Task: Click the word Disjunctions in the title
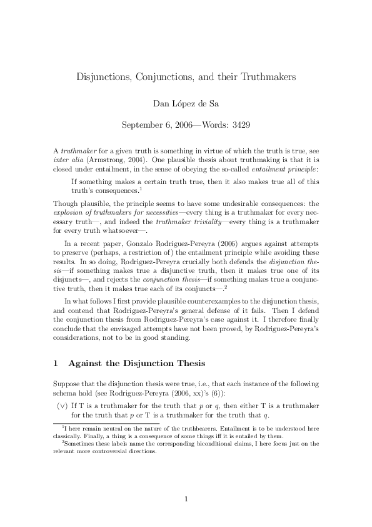point(106,77)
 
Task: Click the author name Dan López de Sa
point(186,101)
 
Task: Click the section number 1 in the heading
point(56,363)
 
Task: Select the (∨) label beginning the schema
point(63,406)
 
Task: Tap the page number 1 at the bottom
point(186,481)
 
